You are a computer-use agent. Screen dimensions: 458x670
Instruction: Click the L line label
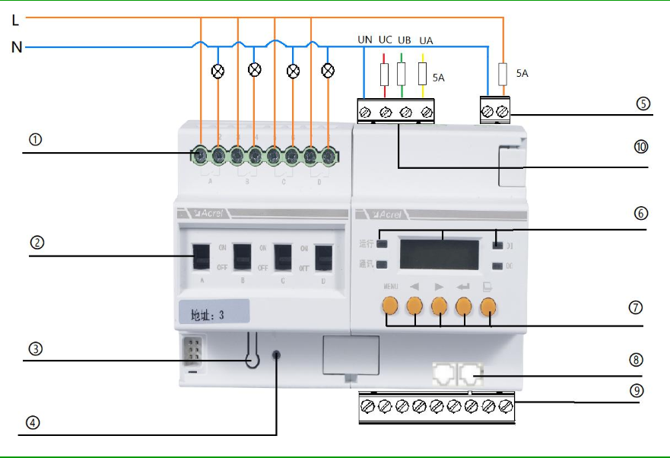[15, 21]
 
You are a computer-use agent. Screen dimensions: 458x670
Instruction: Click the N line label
[16, 48]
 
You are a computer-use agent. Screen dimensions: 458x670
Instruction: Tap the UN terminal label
[365, 40]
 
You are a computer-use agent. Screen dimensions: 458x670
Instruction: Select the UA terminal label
[426, 40]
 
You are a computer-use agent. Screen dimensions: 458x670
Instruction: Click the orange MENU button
[390, 306]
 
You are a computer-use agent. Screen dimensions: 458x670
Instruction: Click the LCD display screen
[440, 253]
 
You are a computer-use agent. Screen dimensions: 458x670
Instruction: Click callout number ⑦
[636, 308]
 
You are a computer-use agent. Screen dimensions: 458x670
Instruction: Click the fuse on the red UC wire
[385, 74]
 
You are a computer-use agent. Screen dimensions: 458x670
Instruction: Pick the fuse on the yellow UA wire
[423, 74]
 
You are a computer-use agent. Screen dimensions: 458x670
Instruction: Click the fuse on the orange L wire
[502, 74]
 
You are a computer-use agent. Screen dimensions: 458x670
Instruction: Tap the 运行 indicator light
[383, 244]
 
